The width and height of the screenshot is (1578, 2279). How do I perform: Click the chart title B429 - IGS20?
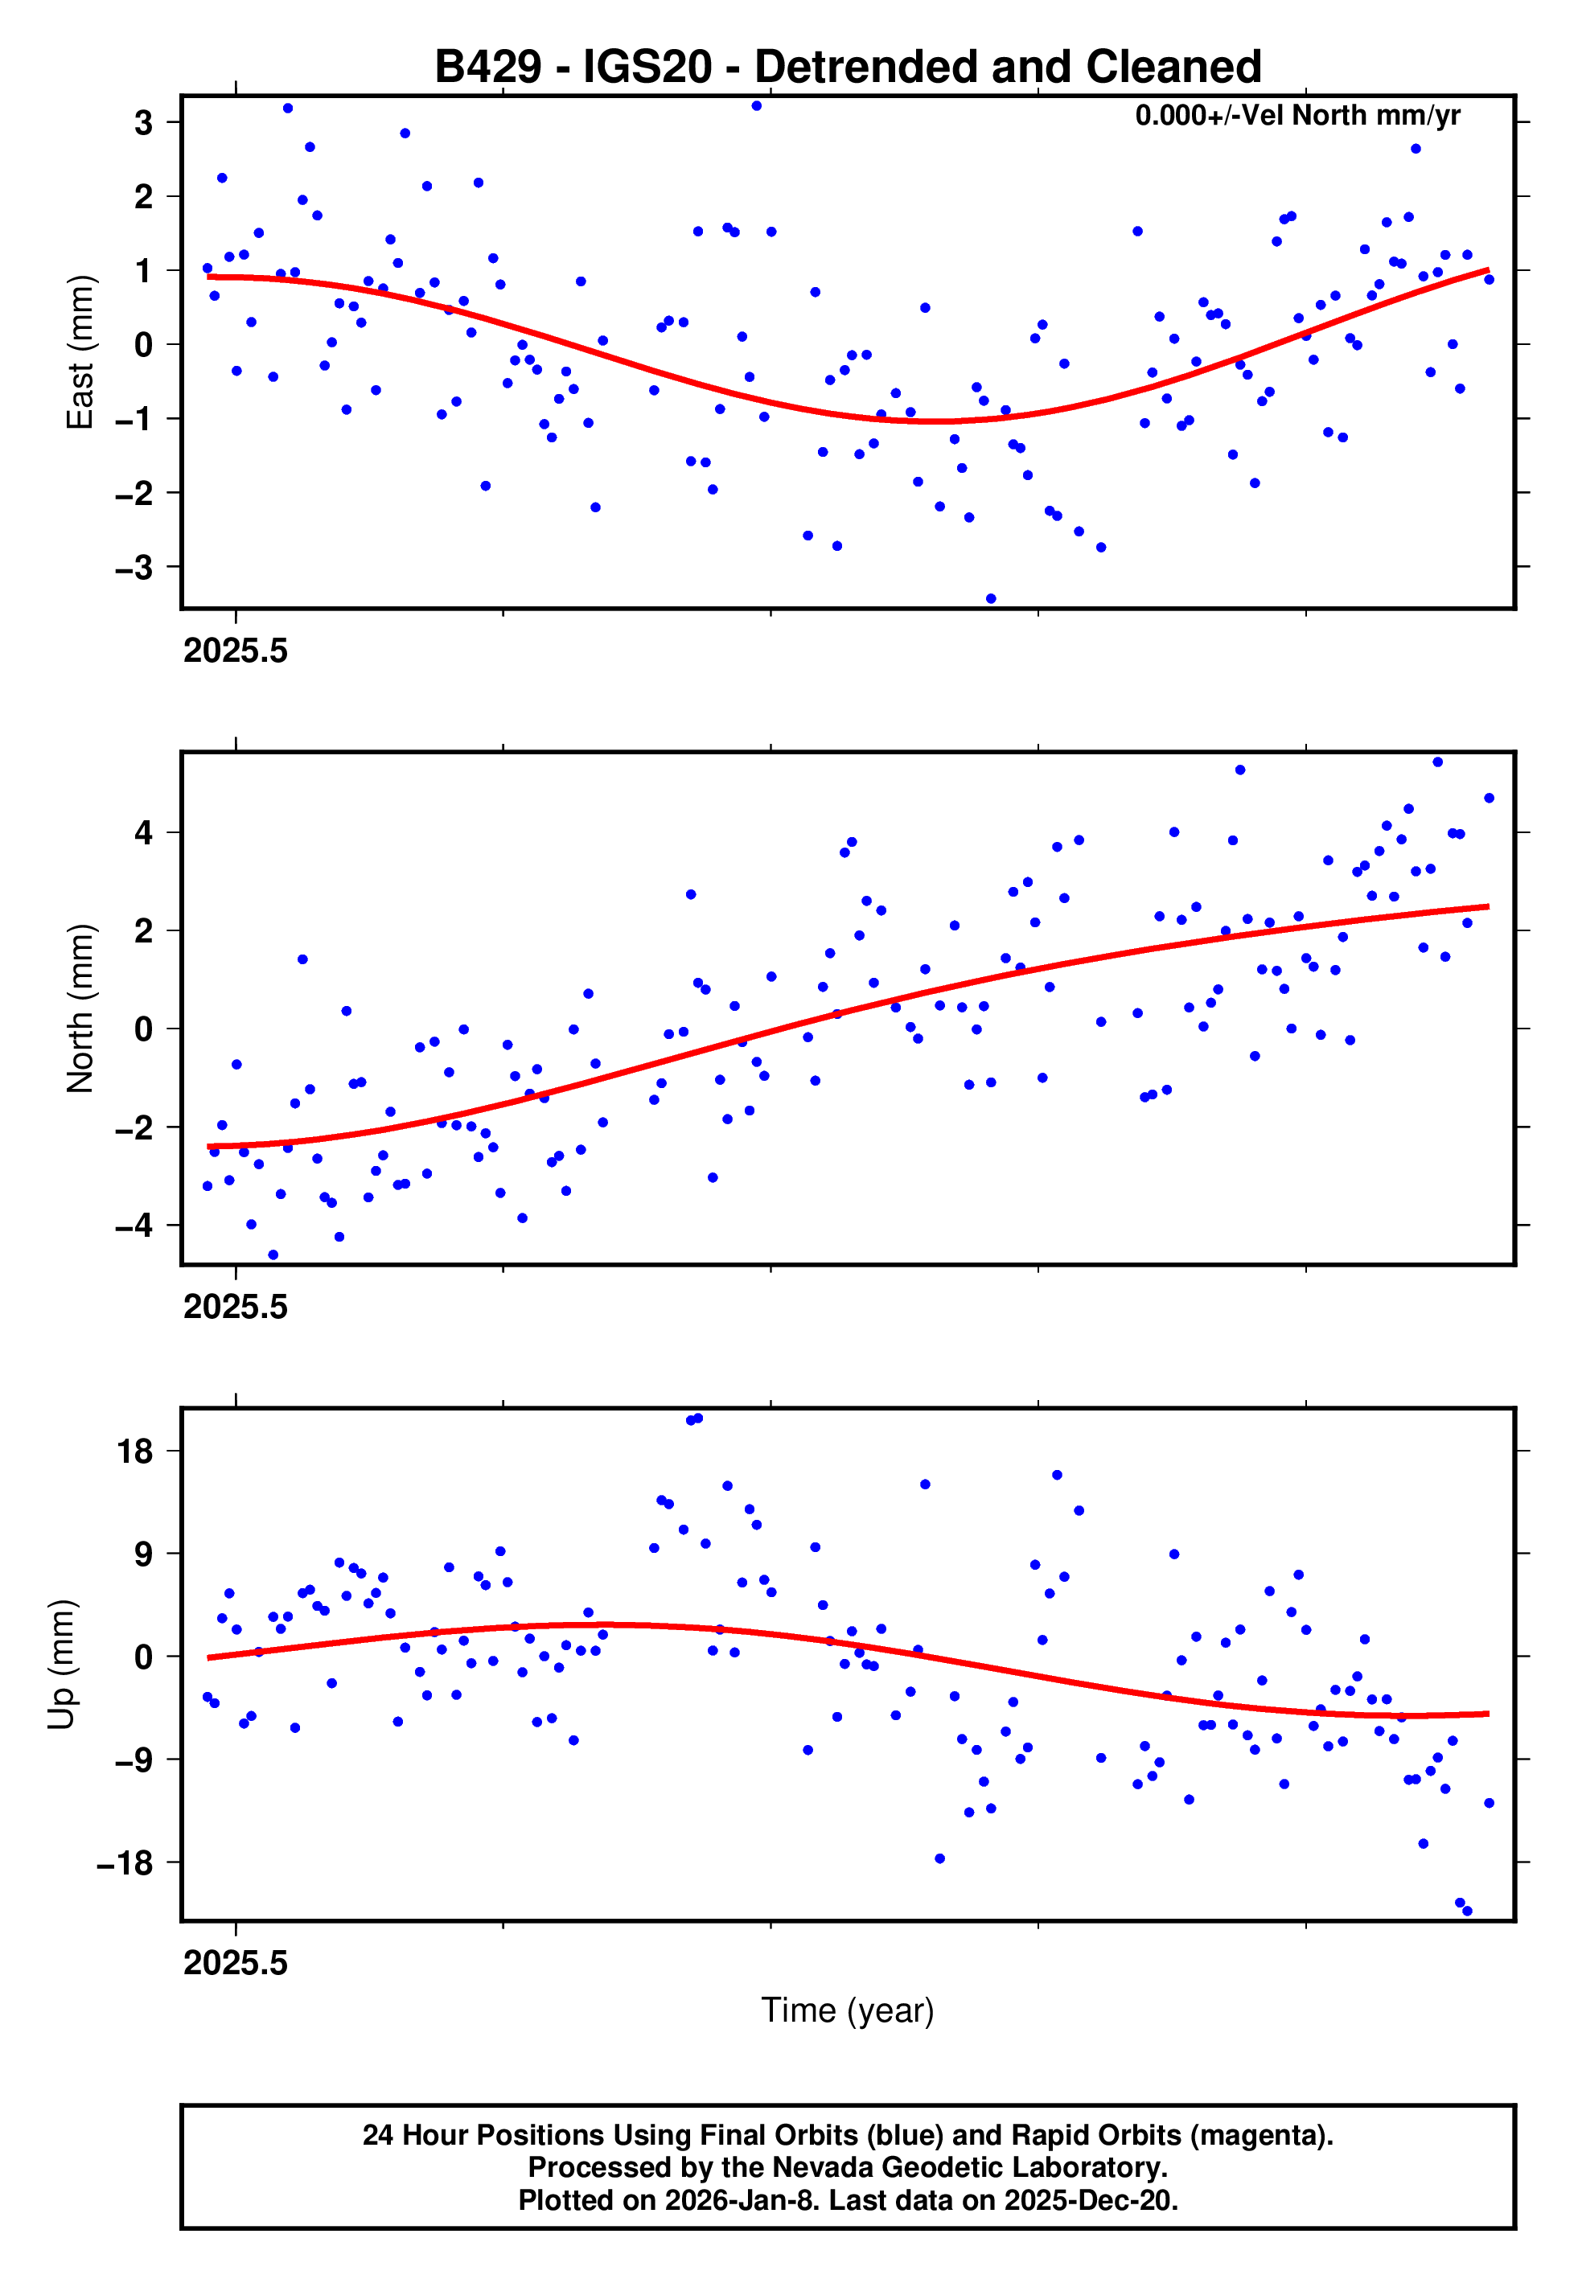click(x=848, y=68)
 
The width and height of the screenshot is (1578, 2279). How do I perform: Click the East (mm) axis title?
click(x=80, y=352)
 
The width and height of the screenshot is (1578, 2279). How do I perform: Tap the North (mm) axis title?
click(x=80, y=1008)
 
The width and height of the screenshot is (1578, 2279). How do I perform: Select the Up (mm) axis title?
click(x=61, y=1665)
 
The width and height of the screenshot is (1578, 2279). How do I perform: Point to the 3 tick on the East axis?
click(x=144, y=122)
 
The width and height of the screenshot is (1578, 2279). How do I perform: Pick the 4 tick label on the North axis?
click(x=144, y=832)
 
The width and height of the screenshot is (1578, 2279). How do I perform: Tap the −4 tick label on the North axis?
click(x=134, y=1226)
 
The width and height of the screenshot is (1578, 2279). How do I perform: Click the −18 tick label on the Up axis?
click(x=125, y=1863)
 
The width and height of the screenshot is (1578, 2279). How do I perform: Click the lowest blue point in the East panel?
click(x=991, y=599)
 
